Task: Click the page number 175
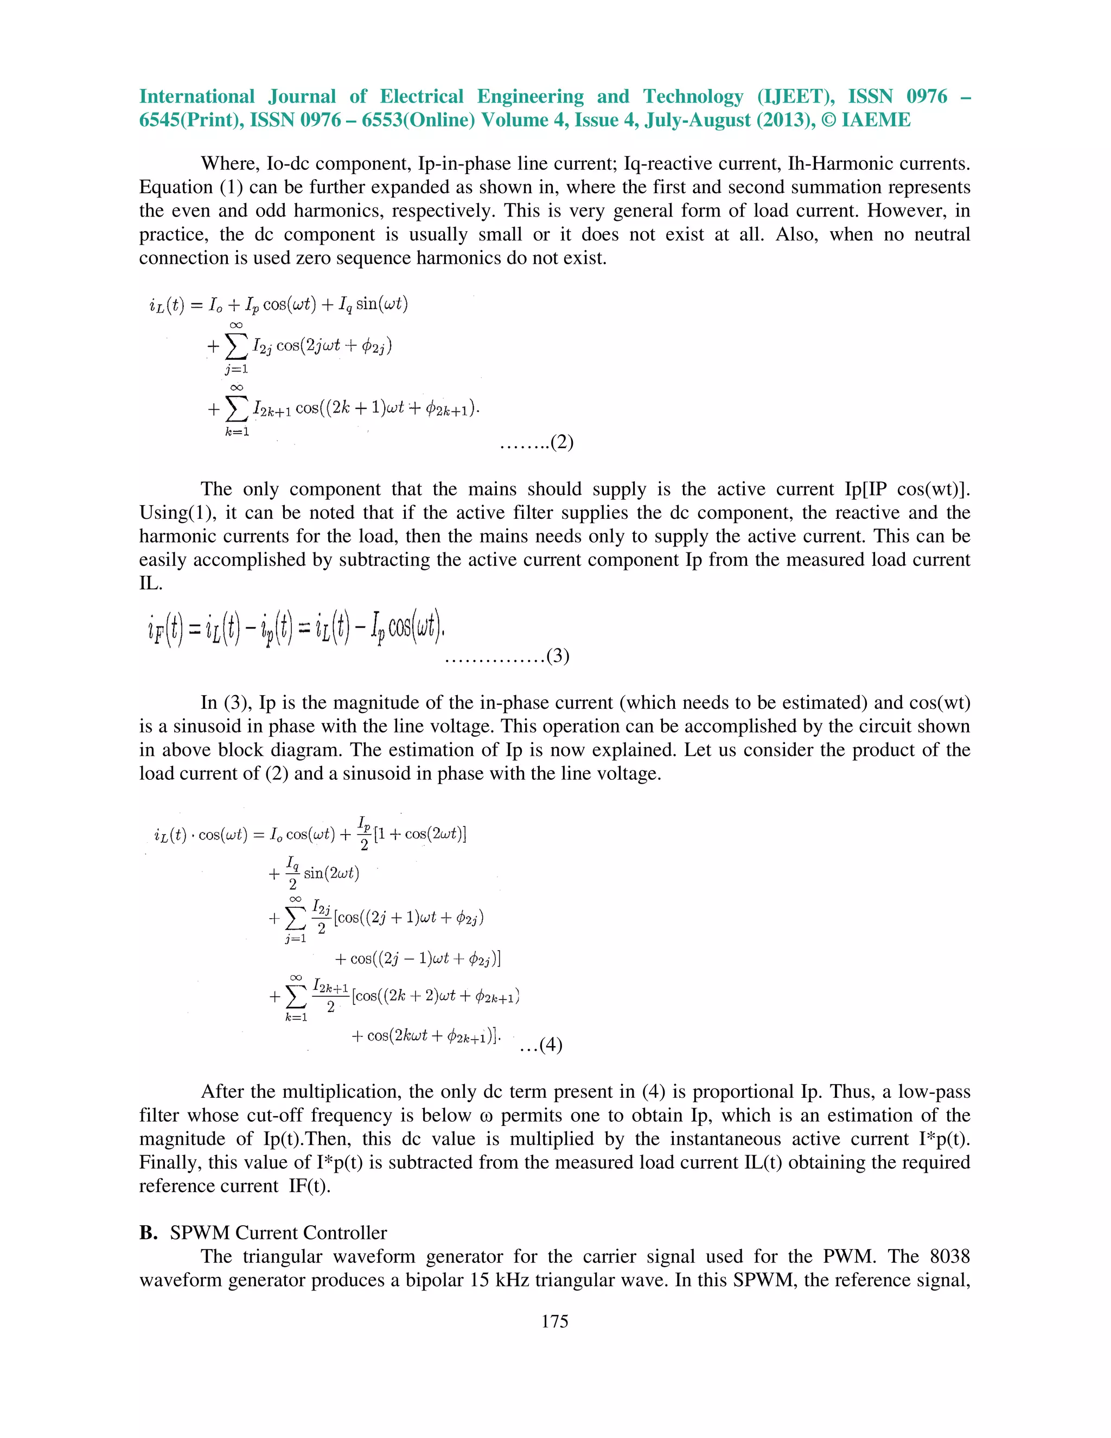[554, 1321]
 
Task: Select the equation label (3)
[558, 656]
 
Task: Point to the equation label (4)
[550, 1045]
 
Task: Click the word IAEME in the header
[876, 120]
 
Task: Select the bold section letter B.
[148, 1232]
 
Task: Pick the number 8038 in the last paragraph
[949, 1256]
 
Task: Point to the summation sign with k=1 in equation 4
[296, 997]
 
